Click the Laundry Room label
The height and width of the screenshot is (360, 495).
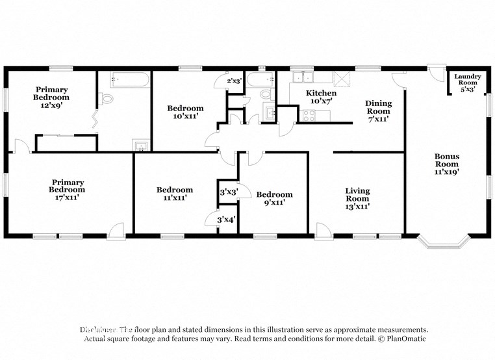[x=468, y=83]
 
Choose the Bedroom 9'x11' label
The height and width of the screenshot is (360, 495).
[x=274, y=198]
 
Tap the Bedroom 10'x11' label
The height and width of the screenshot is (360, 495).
[x=185, y=112]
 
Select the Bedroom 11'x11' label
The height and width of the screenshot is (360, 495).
[x=175, y=194]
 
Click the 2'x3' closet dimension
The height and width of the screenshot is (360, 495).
[x=233, y=81]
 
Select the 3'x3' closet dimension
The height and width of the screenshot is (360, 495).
[x=227, y=192]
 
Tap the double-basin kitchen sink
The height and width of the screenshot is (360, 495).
[x=300, y=78]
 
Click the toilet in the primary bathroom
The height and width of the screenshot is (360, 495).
[x=106, y=99]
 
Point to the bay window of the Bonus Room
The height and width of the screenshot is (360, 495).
[x=444, y=243]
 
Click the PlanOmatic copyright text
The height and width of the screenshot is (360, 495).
[x=403, y=339]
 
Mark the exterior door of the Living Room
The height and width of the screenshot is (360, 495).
[x=322, y=229]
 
